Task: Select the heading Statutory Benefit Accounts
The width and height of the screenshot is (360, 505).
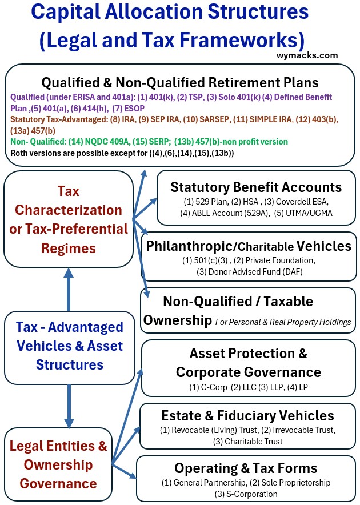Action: pyautogui.click(x=256, y=187)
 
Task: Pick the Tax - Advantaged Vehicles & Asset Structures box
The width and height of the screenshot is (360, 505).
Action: pyautogui.click(x=69, y=346)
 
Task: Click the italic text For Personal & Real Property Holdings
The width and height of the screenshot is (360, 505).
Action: pyautogui.click(x=283, y=322)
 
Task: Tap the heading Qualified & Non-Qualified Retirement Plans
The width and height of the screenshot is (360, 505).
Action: pyautogui.click(x=180, y=82)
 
